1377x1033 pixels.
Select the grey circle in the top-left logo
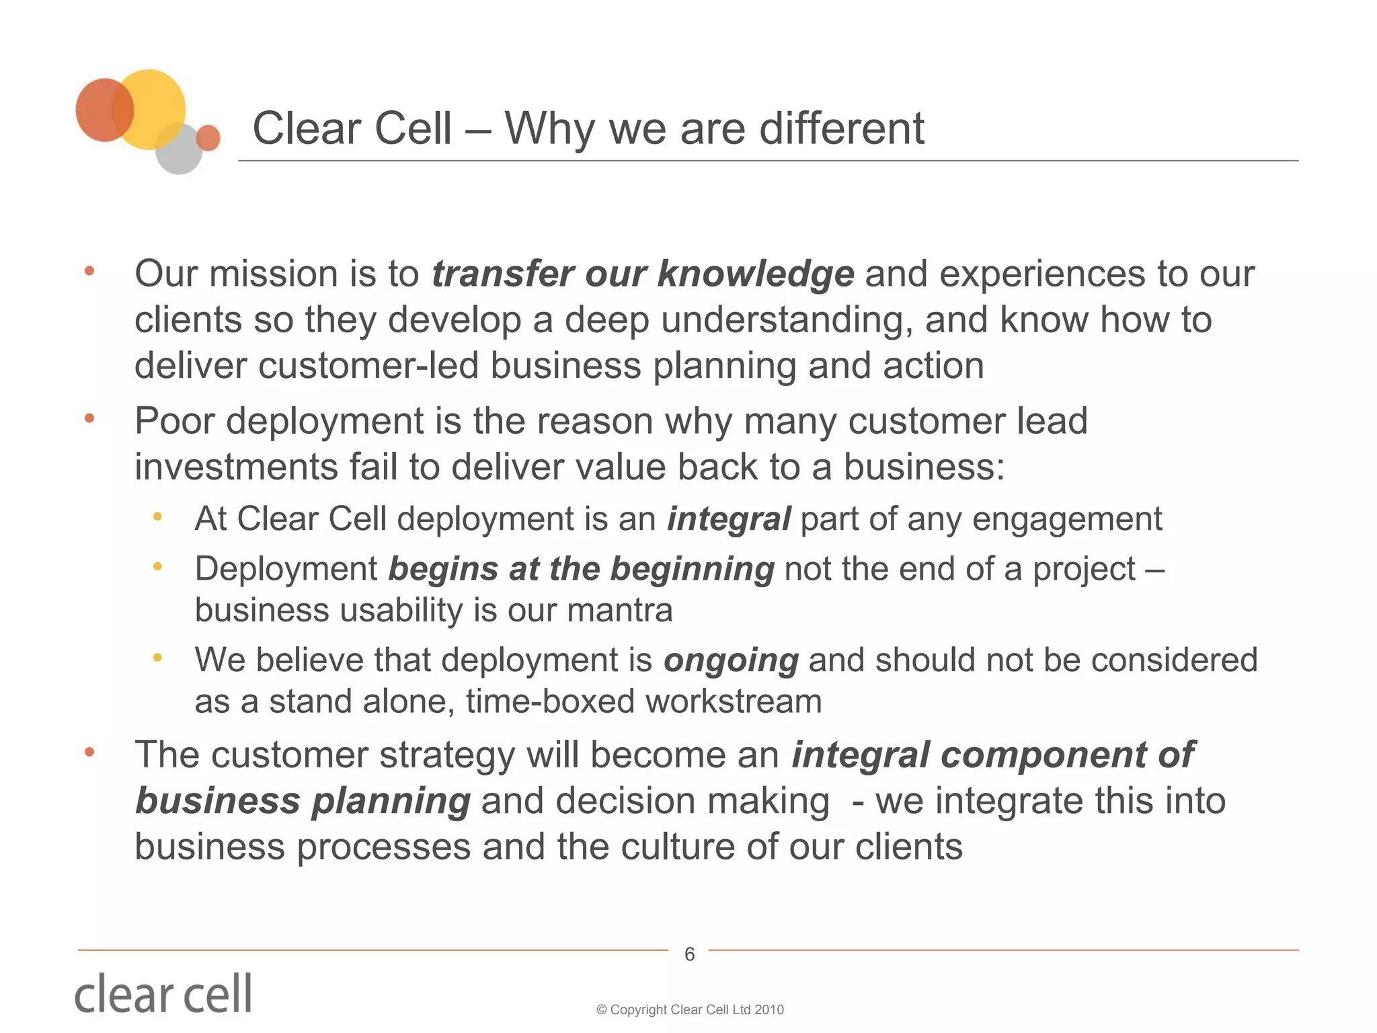[178, 152]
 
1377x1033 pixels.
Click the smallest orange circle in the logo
[208, 137]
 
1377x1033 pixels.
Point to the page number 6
[689, 954]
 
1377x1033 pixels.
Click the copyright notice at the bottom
[690, 1009]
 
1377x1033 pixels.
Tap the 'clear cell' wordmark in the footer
[163, 994]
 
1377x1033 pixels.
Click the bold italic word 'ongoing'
[731, 660]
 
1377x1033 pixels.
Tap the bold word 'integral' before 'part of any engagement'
[728, 519]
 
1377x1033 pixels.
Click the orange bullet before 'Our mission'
[89, 272]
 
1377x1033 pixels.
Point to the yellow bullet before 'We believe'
[157, 657]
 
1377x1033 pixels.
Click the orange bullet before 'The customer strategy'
[89, 752]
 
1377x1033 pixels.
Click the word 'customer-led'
[368, 366]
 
